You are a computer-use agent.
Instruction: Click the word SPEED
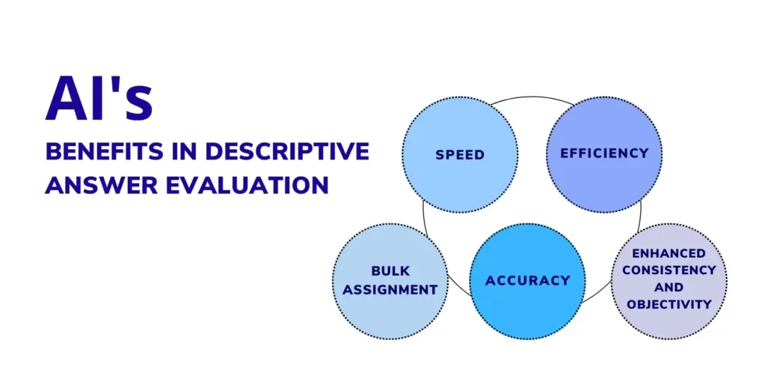[x=459, y=155]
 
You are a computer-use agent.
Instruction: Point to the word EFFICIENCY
[x=604, y=153]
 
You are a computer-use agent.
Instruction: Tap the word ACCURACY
[x=527, y=281]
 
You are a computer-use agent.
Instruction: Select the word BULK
[x=390, y=270]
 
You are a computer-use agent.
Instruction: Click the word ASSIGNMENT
[x=390, y=289]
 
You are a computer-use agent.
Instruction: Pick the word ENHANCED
[x=669, y=253]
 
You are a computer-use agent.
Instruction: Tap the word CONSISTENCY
[x=669, y=270]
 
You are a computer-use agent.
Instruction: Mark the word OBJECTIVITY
[x=669, y=304]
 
